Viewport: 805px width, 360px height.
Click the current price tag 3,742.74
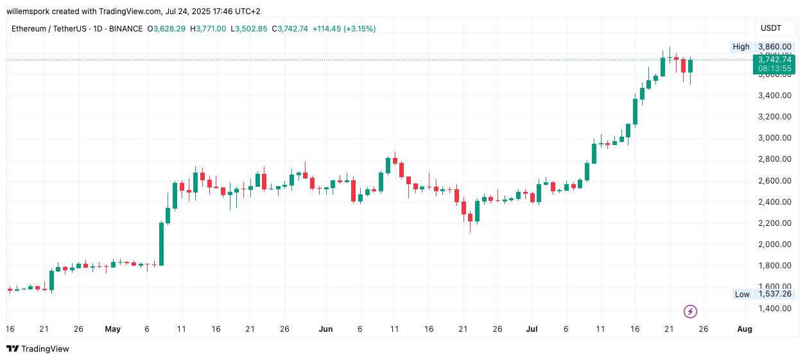775,60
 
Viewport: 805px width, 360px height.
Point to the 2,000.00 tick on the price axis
775,244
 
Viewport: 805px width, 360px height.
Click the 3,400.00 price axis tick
775,96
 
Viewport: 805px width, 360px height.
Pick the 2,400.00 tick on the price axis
775,202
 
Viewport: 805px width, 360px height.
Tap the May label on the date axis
113,329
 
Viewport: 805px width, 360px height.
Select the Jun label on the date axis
326,329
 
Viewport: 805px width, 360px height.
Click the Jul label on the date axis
532,329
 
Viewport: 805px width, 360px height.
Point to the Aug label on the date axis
745,329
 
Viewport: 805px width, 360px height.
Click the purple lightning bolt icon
690,312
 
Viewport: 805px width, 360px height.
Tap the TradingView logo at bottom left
38,348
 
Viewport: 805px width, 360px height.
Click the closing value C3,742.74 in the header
290,29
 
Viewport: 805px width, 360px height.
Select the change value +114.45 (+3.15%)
344,29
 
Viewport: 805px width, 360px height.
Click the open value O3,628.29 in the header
166,29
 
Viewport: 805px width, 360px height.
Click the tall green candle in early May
161,244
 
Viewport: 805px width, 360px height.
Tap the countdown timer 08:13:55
775,69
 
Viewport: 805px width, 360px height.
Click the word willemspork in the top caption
28,11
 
